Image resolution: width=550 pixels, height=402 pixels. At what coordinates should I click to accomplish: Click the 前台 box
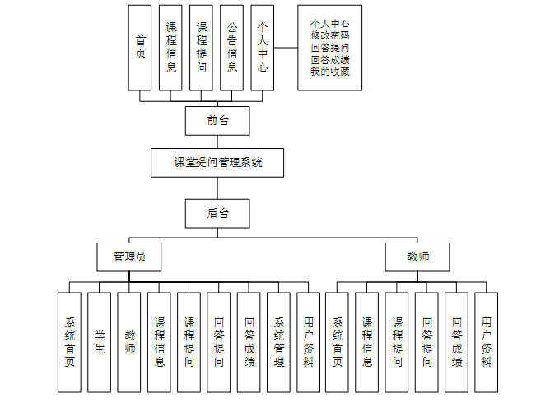pos(217,120)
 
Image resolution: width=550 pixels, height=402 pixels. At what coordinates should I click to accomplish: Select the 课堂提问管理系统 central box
pos(217,162)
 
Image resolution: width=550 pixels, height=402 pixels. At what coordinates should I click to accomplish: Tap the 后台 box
pos(217,213)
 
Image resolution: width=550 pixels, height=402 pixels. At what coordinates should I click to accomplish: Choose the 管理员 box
pos(128,256)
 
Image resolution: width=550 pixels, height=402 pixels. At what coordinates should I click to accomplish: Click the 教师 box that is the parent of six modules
pos(417,256)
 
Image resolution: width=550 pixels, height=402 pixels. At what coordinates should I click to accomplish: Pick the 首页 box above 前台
pos(140,48)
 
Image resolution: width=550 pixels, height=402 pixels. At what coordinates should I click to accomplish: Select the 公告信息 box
pos(232,48)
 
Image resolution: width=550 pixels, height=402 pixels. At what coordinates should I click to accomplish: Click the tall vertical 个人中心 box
pos(263,48)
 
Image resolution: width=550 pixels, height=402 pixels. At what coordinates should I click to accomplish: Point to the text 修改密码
pos(330,36)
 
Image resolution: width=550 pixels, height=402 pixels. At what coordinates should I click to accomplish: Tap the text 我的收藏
pos(330,72)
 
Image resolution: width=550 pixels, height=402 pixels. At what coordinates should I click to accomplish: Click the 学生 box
pos(99,342)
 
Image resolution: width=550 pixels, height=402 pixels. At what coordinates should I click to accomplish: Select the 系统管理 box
pos(278,342)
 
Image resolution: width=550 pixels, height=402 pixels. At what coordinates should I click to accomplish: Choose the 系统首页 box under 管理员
pos(69,342)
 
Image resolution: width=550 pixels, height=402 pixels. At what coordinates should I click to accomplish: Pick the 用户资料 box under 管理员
pos(308,342)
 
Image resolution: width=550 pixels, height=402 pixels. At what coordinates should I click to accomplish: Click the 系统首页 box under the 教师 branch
pos(338,342)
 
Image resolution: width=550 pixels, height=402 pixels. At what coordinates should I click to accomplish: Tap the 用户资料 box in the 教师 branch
pos(486,342)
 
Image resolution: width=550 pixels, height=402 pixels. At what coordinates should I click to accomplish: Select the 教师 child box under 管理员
pos(129,342)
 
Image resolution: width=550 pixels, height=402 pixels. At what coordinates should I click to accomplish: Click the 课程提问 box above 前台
pos(202,48)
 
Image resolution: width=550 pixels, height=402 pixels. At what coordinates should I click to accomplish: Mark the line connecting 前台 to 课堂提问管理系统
pos(217,141)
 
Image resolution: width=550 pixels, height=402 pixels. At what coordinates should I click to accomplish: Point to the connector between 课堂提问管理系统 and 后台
pos(217,187)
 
